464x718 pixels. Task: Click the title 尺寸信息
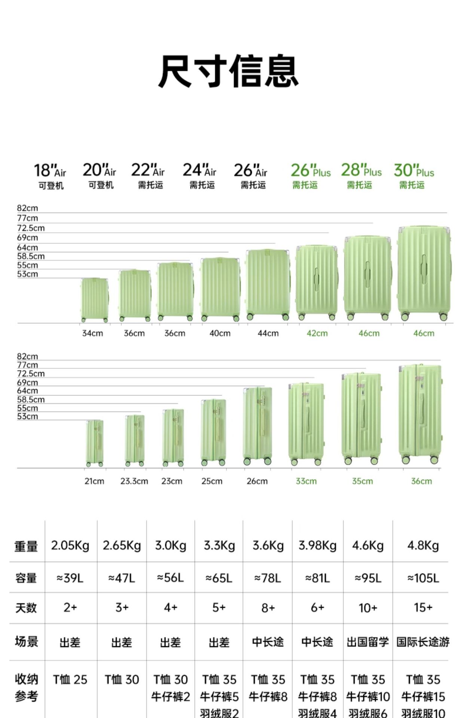[228, 71]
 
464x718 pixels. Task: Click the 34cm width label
[92, 333]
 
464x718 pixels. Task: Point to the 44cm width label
[268, 333]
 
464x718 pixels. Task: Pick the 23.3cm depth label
[134, 481]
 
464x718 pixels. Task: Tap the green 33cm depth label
[306, 481]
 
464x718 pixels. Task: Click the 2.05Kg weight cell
[70, 546]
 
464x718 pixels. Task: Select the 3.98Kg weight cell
[317, 546]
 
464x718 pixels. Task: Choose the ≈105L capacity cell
[423, 578]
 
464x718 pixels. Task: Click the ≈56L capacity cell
[171, 578]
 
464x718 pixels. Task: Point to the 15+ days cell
[423, 608]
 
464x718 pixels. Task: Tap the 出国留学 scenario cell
[367, 642]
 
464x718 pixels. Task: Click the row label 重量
[26, 546]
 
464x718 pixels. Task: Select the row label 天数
[26, 608]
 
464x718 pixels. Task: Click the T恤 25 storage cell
[70, 679]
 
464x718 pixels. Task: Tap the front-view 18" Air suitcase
[95, 299]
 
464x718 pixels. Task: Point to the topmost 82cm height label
[27, 208]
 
